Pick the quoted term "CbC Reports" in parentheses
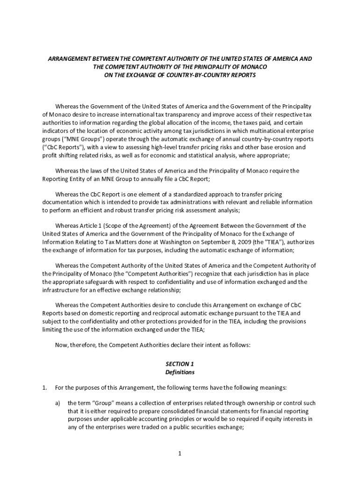pyautogui.click(x=61, y=148)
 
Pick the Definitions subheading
pyautogui.click(x=180, y=372)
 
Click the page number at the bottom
pyautogui.click(x=180, y=454)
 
